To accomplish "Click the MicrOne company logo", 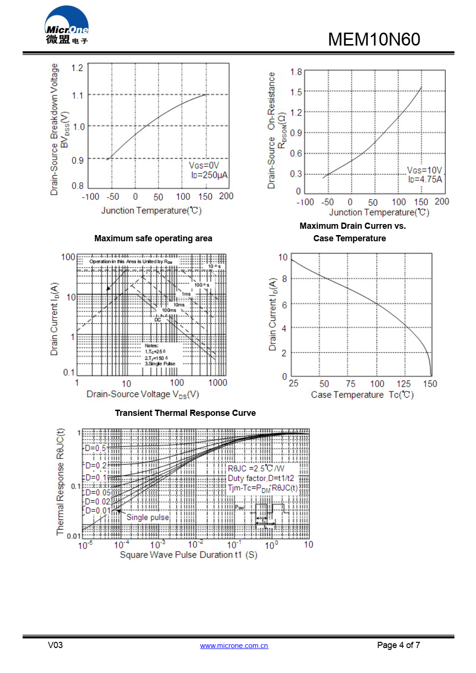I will click(67, 26).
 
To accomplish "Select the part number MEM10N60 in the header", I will click(374, 39).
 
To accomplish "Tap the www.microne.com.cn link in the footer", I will click(234, 646).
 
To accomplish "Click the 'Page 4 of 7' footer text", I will click(398, 645).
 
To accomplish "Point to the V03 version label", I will click(55, 645).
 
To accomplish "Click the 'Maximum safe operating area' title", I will click(153, 238).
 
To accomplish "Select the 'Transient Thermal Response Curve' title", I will click(185, 413).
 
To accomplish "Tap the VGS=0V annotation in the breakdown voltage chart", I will click(204, 165).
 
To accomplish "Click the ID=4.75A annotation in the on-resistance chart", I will click(425, 179).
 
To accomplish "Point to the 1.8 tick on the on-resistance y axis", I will click(296, 72).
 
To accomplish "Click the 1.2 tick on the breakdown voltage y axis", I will click(77, 68).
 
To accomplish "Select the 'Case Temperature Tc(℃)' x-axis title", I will click(362, 395).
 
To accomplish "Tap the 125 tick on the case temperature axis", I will click(403, 384).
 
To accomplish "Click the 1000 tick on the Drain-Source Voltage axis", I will click(218, 383).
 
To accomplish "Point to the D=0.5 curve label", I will click(95, 448).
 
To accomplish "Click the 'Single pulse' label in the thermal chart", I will click(147, 517).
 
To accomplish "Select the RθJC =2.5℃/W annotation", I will click(256, 468).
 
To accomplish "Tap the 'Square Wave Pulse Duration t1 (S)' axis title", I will click(188, 555).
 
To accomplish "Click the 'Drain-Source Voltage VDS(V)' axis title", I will click(143, 394).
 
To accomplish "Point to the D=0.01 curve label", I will click(98, 510).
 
